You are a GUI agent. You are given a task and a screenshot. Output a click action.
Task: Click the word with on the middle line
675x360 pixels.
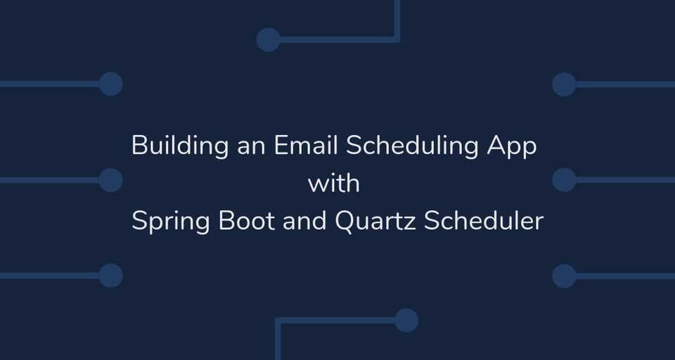click(334, 184)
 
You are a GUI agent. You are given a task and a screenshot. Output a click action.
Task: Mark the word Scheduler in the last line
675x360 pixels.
click(484, 221)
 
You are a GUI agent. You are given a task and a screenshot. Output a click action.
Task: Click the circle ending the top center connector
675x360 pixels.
click(268, 39)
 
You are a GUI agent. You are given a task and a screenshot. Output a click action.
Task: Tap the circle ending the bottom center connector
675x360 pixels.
click(406, 321)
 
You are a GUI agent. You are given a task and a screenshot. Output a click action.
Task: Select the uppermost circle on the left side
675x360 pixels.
click(110, 84)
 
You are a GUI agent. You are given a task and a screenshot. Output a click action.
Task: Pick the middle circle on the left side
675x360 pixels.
click(110, 180)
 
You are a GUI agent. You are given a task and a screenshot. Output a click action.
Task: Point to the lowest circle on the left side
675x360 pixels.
click(110, 276)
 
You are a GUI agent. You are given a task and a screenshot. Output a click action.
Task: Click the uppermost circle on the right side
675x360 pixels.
click(564, 84)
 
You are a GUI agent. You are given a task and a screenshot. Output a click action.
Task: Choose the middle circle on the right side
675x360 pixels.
click(564, 180)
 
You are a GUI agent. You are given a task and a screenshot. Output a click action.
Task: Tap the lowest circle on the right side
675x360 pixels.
click(564, 276)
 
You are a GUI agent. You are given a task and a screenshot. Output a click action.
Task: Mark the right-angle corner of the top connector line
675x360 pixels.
click(397, 39)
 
